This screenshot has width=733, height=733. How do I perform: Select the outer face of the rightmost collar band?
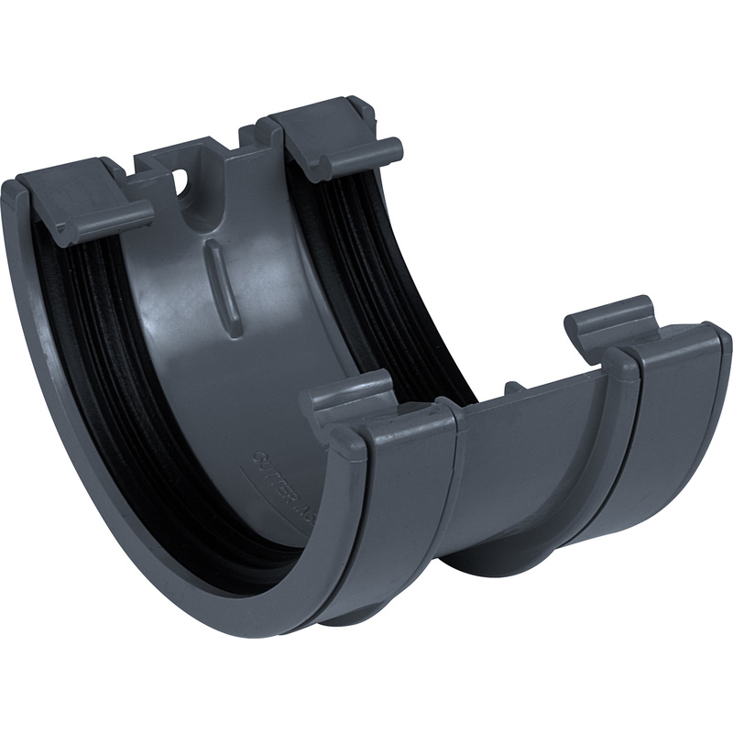[x=678, y=431]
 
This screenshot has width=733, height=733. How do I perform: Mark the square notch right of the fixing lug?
[x=248, y=137]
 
